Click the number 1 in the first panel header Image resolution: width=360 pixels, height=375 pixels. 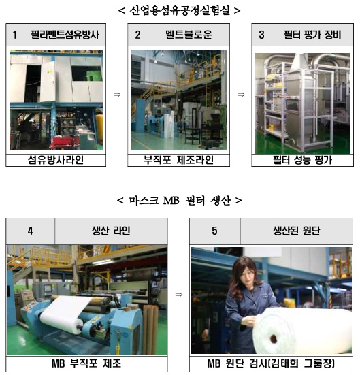(x=15, y=35)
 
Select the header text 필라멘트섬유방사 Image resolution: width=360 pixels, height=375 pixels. (x=65, y=35)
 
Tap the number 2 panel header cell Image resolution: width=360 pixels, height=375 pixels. (x=137, y=35)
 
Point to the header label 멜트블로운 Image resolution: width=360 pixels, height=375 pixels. (x=189, y=35)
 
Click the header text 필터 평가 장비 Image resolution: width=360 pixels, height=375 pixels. (x=312, y=35)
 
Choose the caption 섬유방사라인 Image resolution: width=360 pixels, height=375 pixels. (x=56, y=160)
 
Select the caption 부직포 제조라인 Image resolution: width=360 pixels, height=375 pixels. (x=178, y=160)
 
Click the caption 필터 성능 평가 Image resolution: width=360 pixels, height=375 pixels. (x=302, y=160)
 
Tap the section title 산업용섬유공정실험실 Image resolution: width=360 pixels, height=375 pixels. (x=180, y=10)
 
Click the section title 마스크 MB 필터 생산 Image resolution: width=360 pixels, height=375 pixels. (x=180, y=200)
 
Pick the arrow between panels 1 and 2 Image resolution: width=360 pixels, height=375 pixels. (x=117, y=95)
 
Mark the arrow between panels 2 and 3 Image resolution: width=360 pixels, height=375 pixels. (x=241, y=95)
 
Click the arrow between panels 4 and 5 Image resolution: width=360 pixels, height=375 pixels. (x=179, y=295)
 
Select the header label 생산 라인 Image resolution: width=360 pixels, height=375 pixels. (x=111, y=231)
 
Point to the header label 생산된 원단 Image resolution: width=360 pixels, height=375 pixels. (x=297, y=231)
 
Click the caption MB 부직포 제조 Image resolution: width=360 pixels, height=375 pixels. (x=86, y=363)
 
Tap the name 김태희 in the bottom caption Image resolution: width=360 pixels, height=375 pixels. (x=284, y=363)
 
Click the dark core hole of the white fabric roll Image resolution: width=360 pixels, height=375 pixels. (x=274, y=338)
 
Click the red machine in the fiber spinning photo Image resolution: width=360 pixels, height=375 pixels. (x=63, y=142)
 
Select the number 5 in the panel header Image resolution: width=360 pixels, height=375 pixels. (x=214, y=231)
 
